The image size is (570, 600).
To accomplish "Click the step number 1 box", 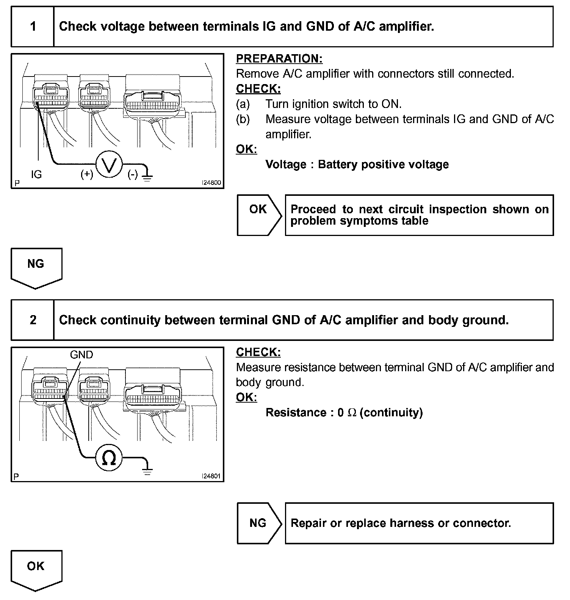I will pyautogui.click(x=33, y=27).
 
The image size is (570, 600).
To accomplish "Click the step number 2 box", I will pyautogui.click(x=33, y=320).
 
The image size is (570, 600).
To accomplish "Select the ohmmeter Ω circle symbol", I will pyautogui.click(x=109, y=458).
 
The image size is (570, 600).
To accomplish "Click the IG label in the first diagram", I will pyautogui.click(x=36, y=174).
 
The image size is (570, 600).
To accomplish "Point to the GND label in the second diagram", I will pyautogui.click(x=81, y=355).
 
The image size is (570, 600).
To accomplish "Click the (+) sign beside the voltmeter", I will pyautogui.click(x=87, y=174).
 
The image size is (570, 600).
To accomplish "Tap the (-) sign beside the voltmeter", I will pyautogui.click(x=132, y=175).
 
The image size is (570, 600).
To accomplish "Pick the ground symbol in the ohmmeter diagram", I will pyautogui.click(x=147, y=470).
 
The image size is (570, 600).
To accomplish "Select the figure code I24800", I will pyautogui.click(x=211, y=183).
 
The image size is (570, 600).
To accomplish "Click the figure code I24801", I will pyautogui.click(x=211, y=476).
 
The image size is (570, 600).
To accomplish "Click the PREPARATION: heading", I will pyautogui.click(x=279, y=59).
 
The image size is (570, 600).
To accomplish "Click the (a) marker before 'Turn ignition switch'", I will pyautogui.click(x=243, y=104).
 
